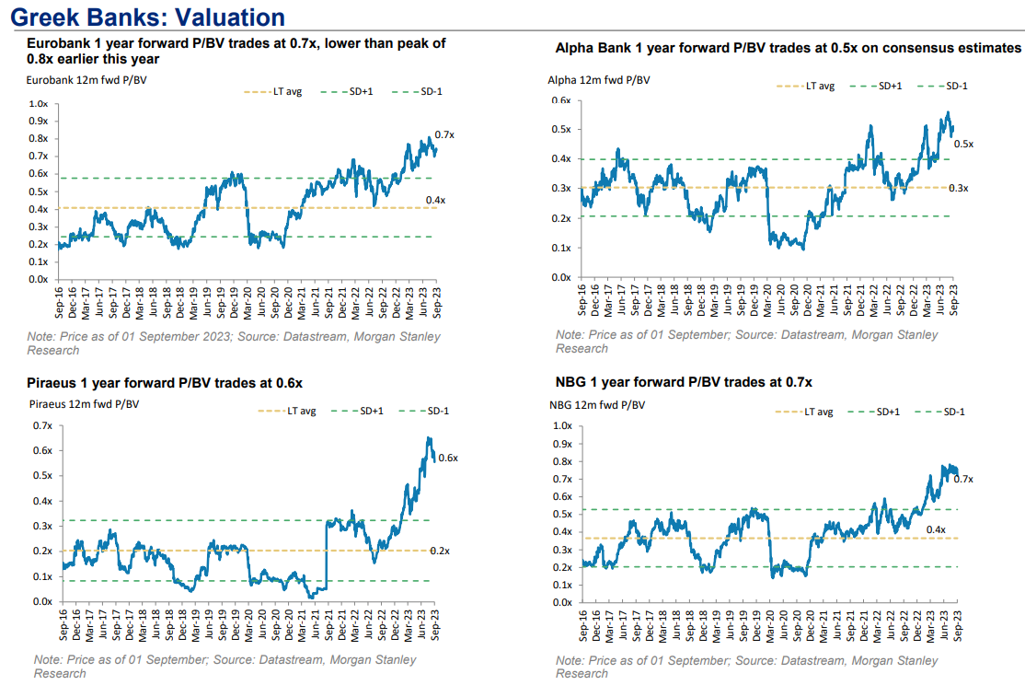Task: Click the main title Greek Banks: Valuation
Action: [147, 17]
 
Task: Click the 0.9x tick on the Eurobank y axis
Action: [38, 121]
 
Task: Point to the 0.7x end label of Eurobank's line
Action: [444, 134]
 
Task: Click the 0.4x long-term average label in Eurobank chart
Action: [435, 200]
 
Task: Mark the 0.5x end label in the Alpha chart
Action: [963, 145]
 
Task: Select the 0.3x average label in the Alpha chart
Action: [959, 188]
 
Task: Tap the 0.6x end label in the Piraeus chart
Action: [448, 458]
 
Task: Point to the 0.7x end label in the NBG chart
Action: [963, 479]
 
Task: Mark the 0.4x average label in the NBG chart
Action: [936, 529]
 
